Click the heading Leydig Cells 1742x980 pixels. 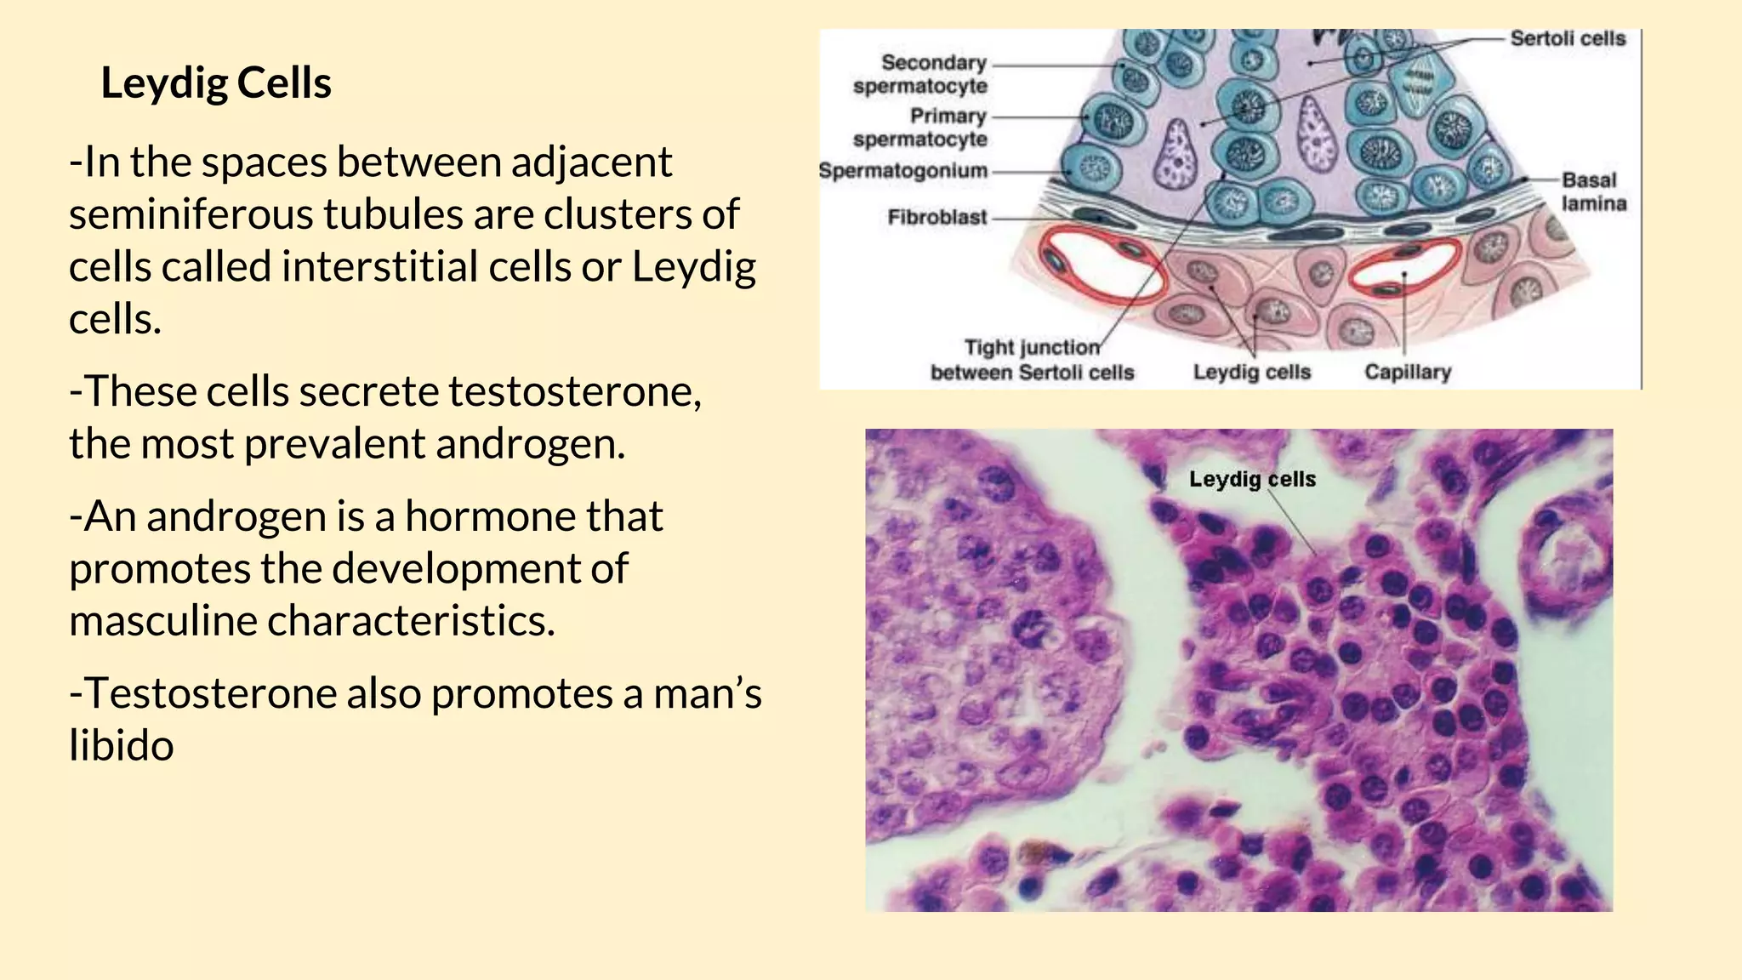216,83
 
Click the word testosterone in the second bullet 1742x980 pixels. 574,392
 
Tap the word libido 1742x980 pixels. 122,746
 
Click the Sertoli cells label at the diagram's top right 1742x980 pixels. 1567,38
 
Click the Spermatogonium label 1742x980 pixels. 902,171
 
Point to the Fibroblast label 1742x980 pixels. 936,218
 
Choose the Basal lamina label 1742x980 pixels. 1593,191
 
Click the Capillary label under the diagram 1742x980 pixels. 1407,373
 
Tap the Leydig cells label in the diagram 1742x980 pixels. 1251,373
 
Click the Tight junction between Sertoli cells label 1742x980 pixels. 1032,360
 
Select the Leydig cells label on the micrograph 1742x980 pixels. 1251,480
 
